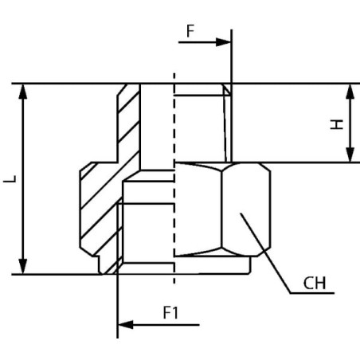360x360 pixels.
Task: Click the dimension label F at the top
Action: pyautogui.click(x=190, y=31)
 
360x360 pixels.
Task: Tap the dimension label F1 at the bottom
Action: pyautogui.click(x=170, y=312)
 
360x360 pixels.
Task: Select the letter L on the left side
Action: pyautogui.click(x=10, y=178)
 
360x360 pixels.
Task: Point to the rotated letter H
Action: pyautogui.click(x=337, y=124)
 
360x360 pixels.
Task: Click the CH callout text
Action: pyautogui.click(x=315, y=283)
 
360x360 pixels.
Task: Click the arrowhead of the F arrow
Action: pyautogui.click(x=224, y=42)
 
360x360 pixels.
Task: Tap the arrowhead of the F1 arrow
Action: pyautogui.click(x=125, y=325)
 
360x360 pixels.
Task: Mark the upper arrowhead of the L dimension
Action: pyautogui.click(x=23, y=92)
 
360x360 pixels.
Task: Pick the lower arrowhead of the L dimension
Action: pyautogui.click(x=23, y=266)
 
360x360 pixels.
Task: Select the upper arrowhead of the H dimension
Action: pyautogui.click(x=350, y=92)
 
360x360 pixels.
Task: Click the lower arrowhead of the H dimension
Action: pyautogui.click(x=350, y=155)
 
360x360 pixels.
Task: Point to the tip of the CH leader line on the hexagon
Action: pyautogui.click(x=241, y=213)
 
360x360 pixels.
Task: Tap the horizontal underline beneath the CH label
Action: pyautogui.click(x=312, y=293)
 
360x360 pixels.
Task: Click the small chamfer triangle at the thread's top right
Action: pyautogui.click(x=227, y=90)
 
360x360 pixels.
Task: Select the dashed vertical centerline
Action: pyautogui.click(x=174, y=178)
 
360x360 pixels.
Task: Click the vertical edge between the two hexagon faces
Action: pyautogui.click(x=221, y=209)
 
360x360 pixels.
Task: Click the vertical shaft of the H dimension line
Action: pyautogui.click(x=350, y=123)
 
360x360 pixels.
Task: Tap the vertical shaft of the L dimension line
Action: pyautogui.click(x=23, y=179)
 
